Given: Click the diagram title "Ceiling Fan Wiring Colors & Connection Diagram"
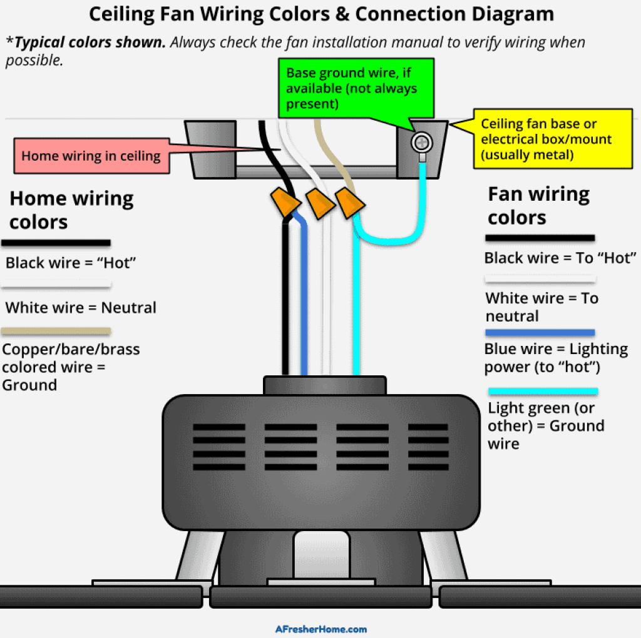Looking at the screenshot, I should pyautogui.click(x=320, y=14).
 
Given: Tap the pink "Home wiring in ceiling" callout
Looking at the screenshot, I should pyautogui.click(x=91, y=156).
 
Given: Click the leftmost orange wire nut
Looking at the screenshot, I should pyautogui.click(x=285, y=201).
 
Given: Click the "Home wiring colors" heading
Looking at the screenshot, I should pyautogui.click(x=71, y=210).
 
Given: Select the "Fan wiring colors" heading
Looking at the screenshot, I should pyautogui.click(x=538, y=205).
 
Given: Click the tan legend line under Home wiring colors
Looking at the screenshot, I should pyautogui.click(x=56, y=331).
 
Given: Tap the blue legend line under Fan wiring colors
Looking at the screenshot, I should pyautogui.click(x=540, y=333).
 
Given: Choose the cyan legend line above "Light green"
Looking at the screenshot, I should pyautogui.click(x=542, y=391).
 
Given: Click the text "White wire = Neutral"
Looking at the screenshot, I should pyautogui.click(x=81, y=308).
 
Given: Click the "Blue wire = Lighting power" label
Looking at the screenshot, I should pyautogui.click(x=555, y=358).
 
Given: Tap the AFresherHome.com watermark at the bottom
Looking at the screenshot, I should pyautogui.click(x=320, y=629).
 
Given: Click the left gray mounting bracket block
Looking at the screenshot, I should pyautogui.click(x=211, y=148).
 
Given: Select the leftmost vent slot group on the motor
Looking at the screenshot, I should pyautogui.click(x=215, y=447).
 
